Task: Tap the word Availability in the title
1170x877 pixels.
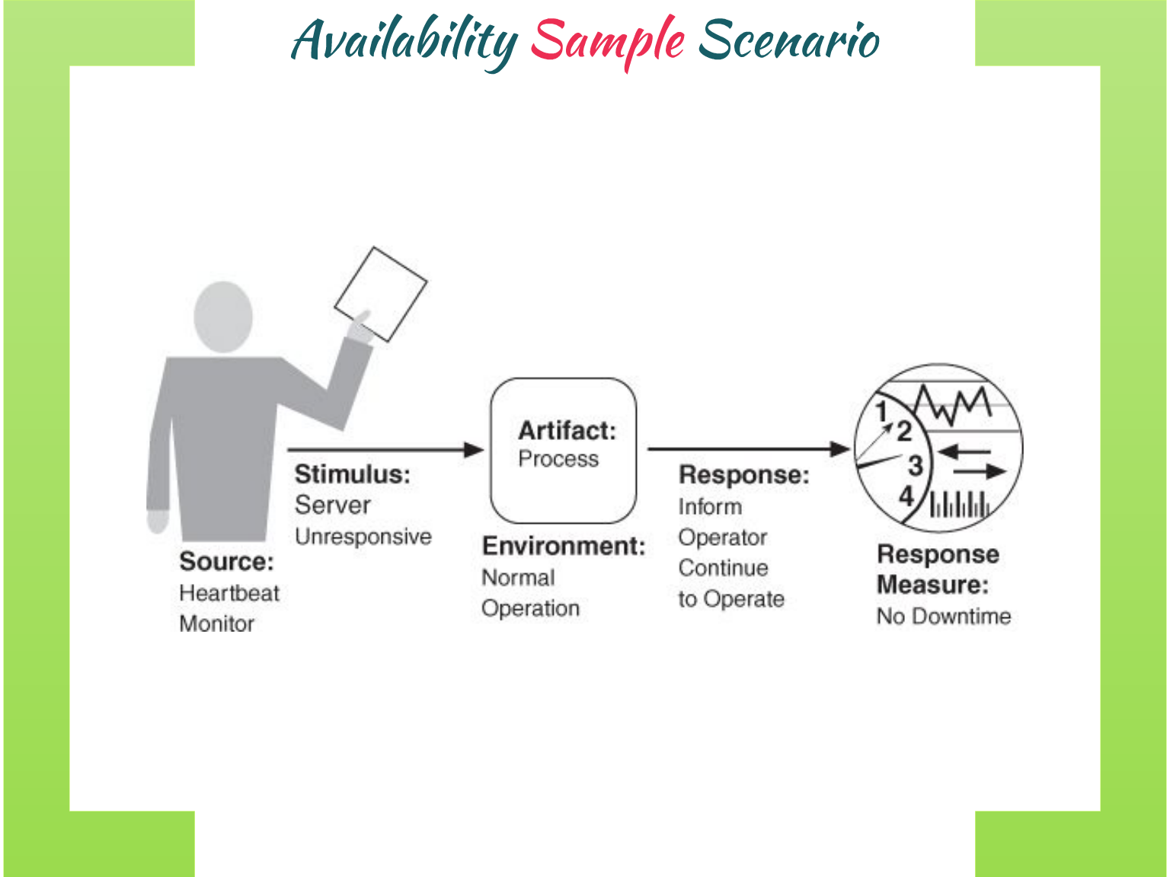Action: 404,42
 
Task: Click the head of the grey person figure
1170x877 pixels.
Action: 222,317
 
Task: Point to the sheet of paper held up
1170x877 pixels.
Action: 381,293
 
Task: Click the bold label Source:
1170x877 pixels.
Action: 226,562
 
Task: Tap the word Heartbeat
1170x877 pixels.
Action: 229,593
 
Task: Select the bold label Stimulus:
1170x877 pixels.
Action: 352,474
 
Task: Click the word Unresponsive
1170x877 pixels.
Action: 363,537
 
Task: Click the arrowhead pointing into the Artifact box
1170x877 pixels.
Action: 474,450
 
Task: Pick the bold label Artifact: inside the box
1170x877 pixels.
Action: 567,431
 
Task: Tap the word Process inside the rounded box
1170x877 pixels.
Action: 558,459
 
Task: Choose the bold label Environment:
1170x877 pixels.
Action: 564,547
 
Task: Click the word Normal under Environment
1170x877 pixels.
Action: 518,578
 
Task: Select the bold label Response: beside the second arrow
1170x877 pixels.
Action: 743,475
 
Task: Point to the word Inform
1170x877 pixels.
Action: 710,507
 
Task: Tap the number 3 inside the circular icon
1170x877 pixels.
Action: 915,465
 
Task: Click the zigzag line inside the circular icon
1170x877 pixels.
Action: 952,404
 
